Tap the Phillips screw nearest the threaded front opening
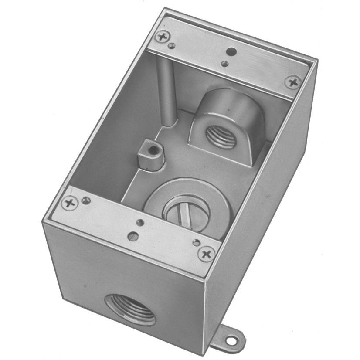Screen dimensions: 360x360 [x=69, y=203]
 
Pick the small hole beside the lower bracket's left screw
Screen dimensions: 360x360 [x=86, y=200]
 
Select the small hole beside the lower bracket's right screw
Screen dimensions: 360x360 [x=196, y=242]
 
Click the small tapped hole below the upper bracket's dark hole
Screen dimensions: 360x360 [x=224, y=64]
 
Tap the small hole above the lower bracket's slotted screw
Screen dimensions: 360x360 [x=139, y=223]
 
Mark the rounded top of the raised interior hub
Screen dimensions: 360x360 [x=227, y=102]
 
